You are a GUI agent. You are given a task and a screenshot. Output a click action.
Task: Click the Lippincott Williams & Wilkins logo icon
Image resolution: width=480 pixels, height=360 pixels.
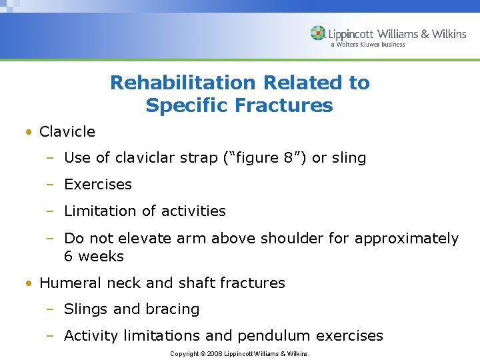[x=319, y=33]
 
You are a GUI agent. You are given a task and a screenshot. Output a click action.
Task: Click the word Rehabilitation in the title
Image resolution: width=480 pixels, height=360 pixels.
[x=183, y=83]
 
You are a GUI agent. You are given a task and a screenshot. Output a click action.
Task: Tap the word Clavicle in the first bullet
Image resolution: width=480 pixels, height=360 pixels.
[x=67, y=132]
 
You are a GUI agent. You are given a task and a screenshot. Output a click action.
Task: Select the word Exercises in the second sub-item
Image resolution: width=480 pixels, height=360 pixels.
[x=98, y=185]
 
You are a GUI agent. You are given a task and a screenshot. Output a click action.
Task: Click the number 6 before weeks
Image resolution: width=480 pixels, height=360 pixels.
[x=68, y=257]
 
